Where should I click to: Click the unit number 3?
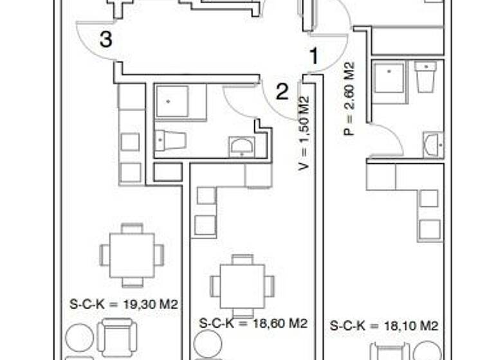[x=106, y=40]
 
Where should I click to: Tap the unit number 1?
[x=314, y=57]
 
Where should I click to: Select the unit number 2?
[x=282, y=92]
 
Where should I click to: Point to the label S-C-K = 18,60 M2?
[x=253, y=323]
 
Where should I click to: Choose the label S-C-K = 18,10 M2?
[x=384, y=327]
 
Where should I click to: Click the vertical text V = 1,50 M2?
[x=304, y=133]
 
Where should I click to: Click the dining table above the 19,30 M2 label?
[x=132, y=255]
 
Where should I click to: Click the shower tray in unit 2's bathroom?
[x=172, y=102]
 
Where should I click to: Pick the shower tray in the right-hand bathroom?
[x=389, y=78]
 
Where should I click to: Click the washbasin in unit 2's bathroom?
[x=242, y=146]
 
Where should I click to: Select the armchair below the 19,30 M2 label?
[x=117, y=337]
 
